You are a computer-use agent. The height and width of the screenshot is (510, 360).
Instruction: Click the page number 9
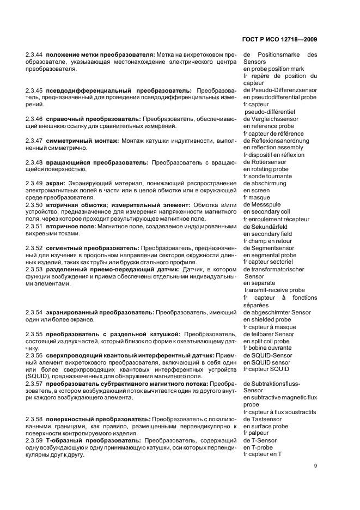click(315, 466)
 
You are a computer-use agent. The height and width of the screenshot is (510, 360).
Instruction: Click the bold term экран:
click(56, 183)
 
